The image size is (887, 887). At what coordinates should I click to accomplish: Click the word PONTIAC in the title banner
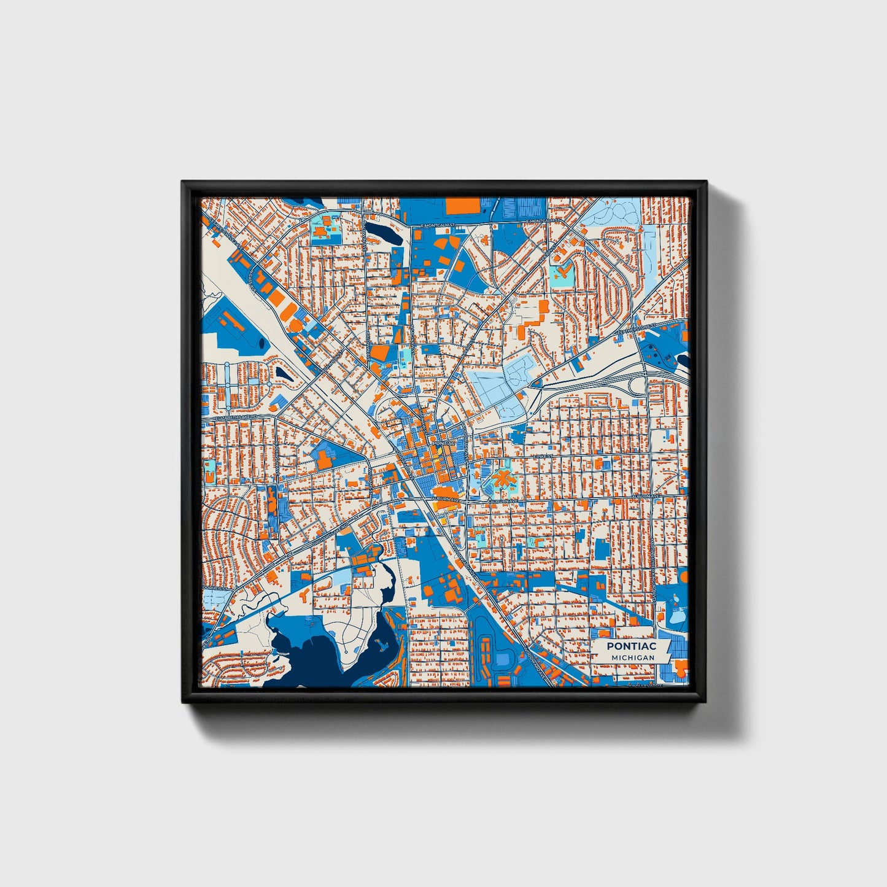coord(631,646)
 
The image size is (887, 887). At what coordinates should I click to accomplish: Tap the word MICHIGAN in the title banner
coord(632,657)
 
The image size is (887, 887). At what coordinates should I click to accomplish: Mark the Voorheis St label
coord(215,589)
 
